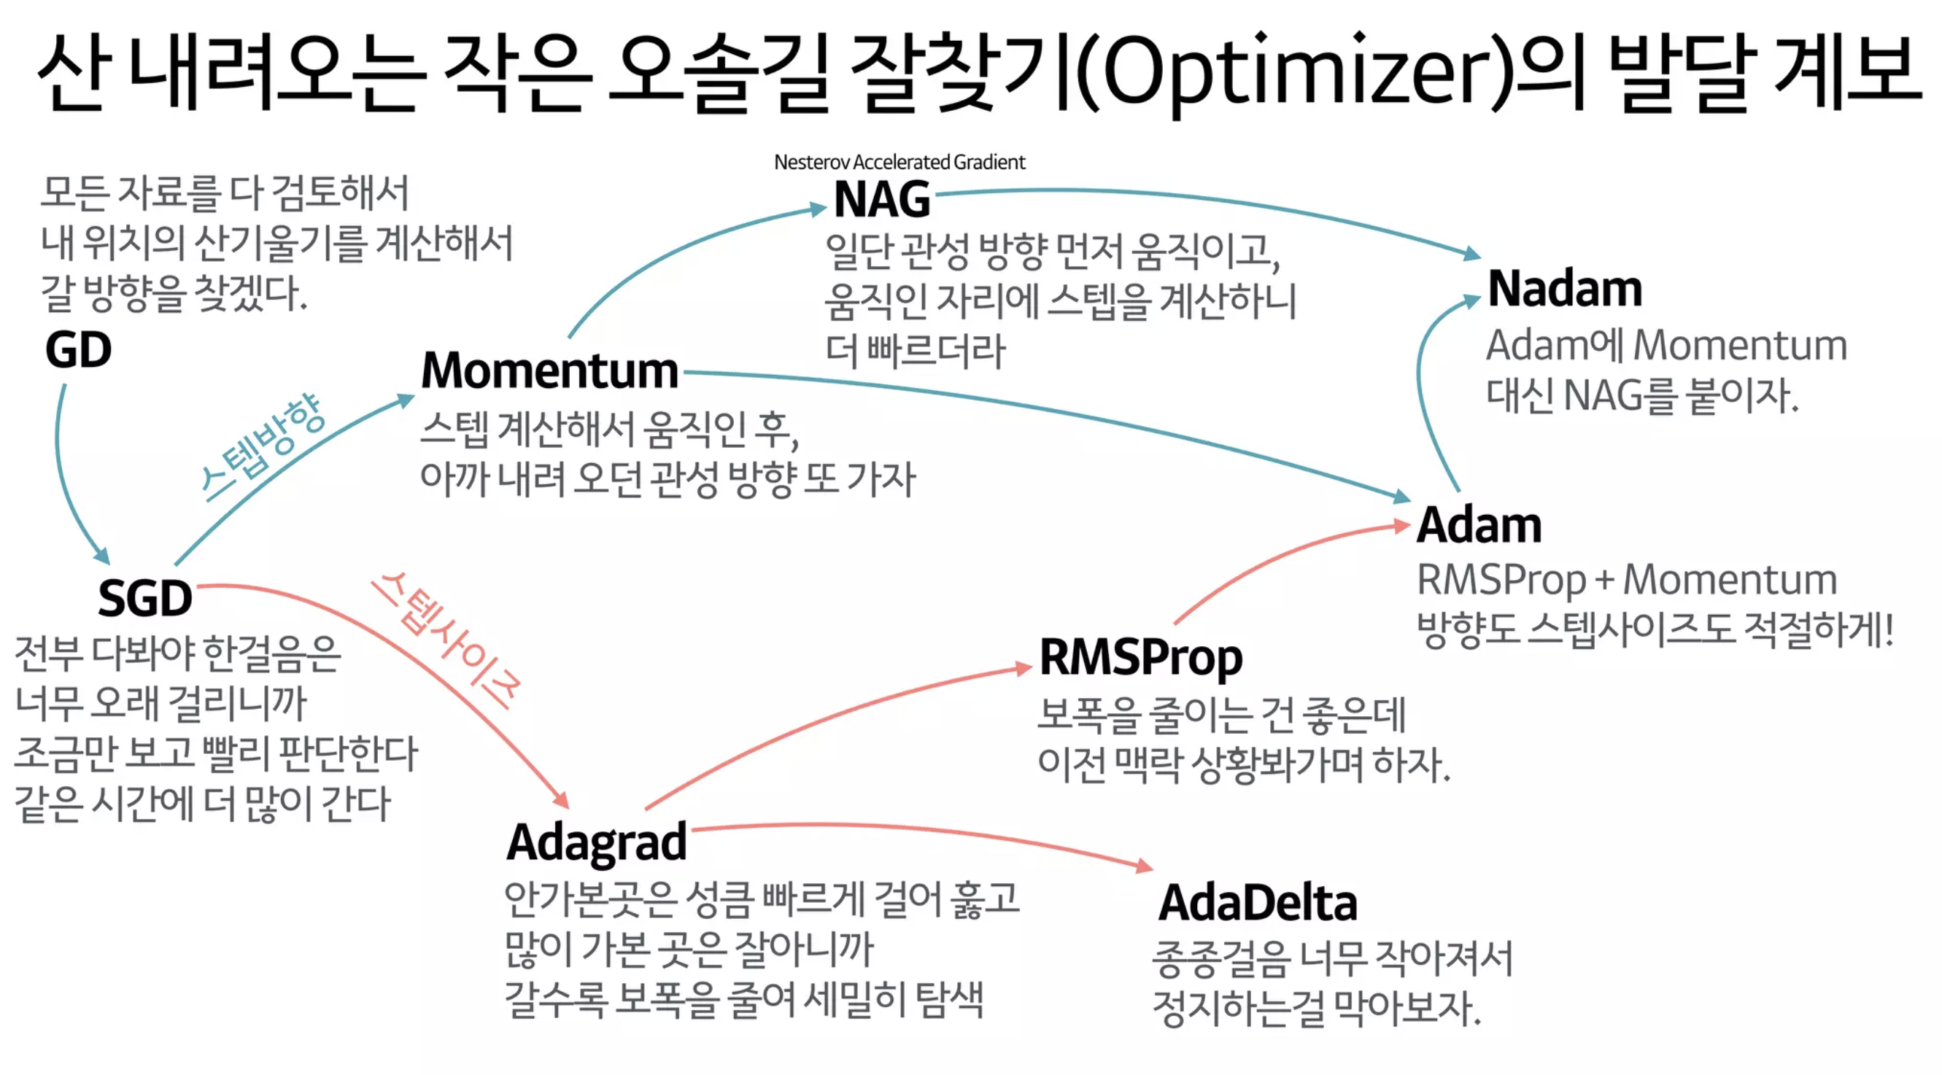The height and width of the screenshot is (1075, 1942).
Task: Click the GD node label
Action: pyautogui.click(x=78, y=350)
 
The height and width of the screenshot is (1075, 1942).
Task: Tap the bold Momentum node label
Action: pyautogui.click(x=549, y=370)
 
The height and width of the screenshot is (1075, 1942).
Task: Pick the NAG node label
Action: pyautogui.click(x=882, y=200)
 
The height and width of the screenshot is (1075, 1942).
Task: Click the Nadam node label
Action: pyautogui.click(x=1565, y=289)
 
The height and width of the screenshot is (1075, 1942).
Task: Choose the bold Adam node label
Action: pyautogui.click(x=1479, y=524)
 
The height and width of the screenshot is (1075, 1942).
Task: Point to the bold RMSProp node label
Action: pyautogui.click(x=1141, y=657)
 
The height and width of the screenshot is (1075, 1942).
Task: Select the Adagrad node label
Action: pyautogui.click(x=596, y=842)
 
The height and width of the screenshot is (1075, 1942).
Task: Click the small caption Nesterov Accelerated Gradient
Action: pyautogui.click(x=900, y=162)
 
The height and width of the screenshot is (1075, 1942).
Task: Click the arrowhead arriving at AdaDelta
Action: pyautogui.click(x=1145, y=866)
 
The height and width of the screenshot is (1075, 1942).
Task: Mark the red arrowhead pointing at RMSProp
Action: pyautogui.click(x=1023, y=668)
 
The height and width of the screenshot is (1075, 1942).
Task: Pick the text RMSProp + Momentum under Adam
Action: pyautogui.click(x=1627, y=580)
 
